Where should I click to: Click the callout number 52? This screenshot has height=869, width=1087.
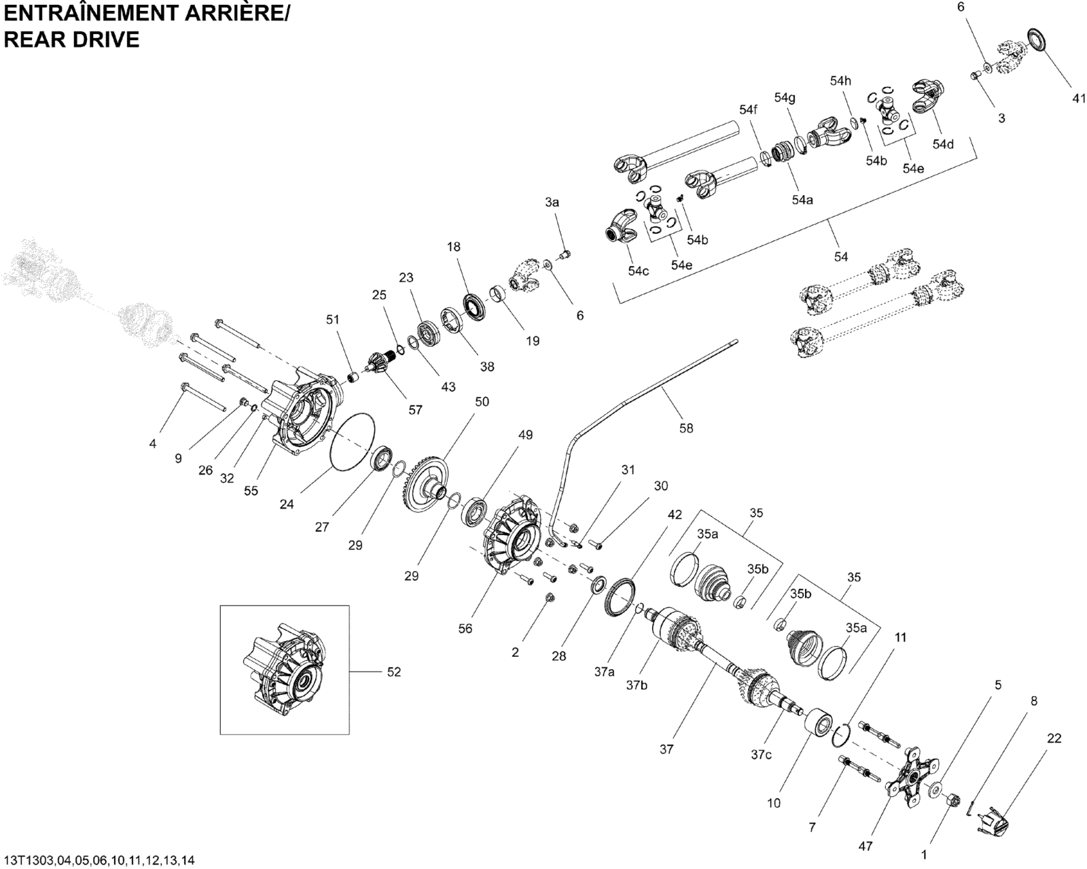pyautogui.click(x=393, y=672)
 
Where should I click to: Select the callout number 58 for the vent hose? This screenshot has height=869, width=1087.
pyautogui.click(x=686, y=428)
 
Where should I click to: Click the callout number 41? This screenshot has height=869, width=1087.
pyautogui.click(x=1079, y=99)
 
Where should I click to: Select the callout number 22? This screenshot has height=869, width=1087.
pyautogui.click(x=1054, y=738)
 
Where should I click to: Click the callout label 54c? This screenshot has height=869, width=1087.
pyautogui.click(x=638, y=271)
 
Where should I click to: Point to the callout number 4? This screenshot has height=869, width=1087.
pyautogui.click(x=153, y=443)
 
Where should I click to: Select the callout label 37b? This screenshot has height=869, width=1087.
pyautogui.click(x=636, y=685)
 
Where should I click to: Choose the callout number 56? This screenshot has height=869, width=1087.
pyautogui.click(x=465, y=629)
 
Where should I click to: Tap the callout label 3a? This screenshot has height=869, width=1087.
pyautogui.click(x=552, y=202)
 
